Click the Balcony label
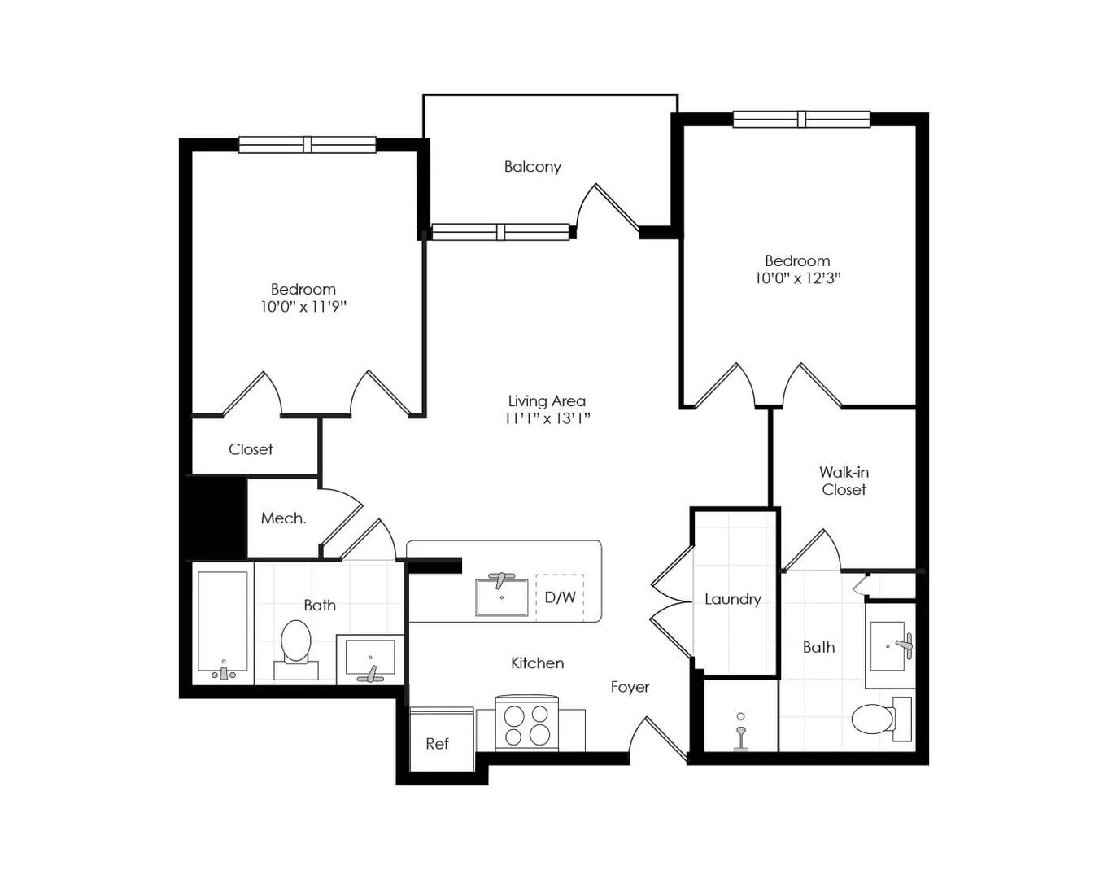click(532, 167)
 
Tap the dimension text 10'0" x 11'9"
click(303, 307)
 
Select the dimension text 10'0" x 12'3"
click(797, 278)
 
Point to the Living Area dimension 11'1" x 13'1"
click(547, 418)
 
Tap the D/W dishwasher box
click(560, 597)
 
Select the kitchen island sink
click(501, 596)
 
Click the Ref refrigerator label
click(437, 744)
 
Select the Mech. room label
click(283, 518)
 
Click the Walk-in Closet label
click(844, 481)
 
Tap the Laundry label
click(732, 599)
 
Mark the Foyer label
click(630, 687)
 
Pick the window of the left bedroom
click(308, 145)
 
